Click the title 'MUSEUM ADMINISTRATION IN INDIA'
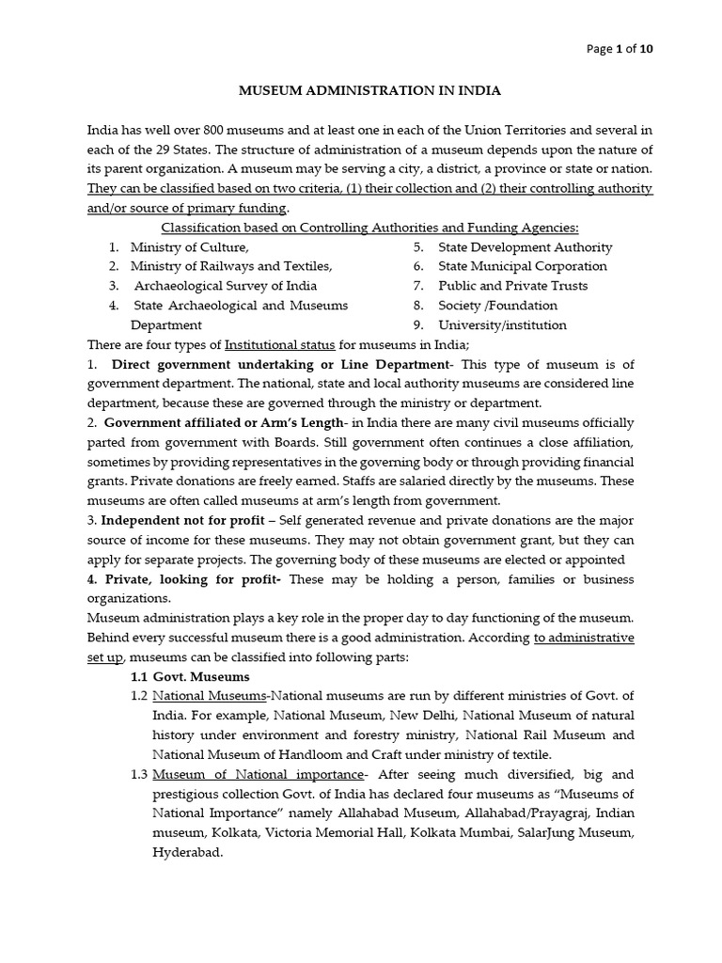(369, 91)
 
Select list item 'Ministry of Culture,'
(190, 247)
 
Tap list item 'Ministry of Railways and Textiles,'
(231, 266)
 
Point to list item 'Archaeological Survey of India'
(226, 286)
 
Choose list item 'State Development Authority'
(525, 247)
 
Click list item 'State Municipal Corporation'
(523, 266)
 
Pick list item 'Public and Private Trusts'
(512, 286)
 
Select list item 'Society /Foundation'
(497, 306)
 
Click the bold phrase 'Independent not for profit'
(179, 520)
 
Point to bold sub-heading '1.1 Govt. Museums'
(190, 676)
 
